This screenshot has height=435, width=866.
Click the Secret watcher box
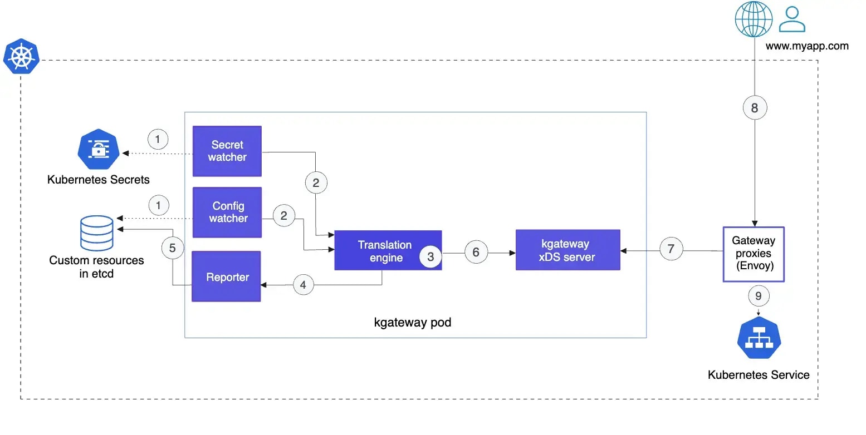[227, 151]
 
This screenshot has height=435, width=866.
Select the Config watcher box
[227, 212]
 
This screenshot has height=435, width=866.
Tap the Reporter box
[227, 276]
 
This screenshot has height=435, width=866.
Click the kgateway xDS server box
[567, 250]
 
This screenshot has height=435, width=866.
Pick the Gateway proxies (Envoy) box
[753, 254]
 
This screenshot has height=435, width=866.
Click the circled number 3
[430, 257]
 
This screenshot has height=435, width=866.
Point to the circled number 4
[303, 285]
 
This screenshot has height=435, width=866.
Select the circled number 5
[172, 248]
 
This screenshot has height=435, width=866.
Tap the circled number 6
[476, 252]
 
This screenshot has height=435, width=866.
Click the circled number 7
[671, 249]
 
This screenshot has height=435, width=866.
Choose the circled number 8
[755, 107]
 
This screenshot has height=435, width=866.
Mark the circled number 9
[758, 296]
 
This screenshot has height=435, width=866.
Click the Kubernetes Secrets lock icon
[98, 149]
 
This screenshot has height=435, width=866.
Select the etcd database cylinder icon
[97, 234]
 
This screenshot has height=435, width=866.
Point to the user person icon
[792, 19]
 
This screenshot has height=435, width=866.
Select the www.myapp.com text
[807, 46]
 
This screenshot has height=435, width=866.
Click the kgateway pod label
[413, 323]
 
